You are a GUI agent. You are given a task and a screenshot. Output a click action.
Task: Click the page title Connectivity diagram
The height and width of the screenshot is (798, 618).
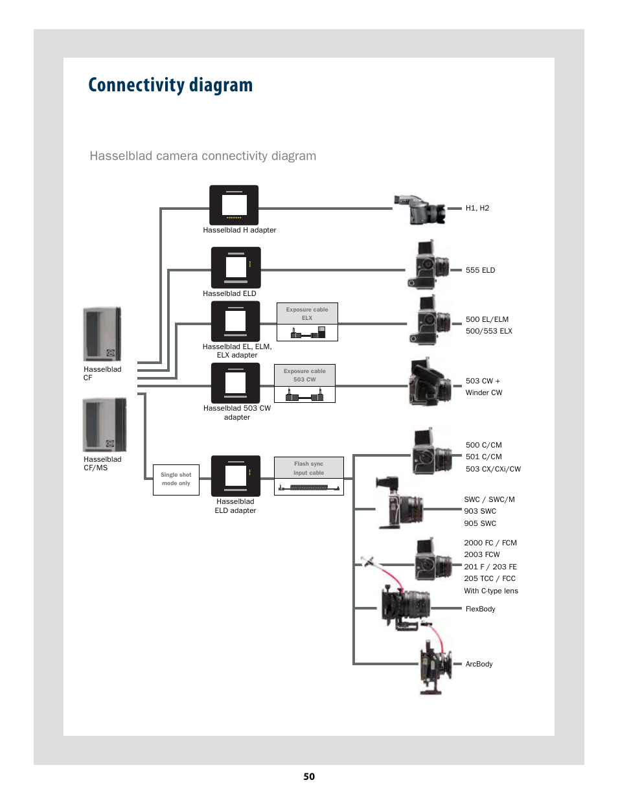click(x=170, y=85)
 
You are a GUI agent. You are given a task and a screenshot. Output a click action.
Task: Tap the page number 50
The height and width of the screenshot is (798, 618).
click(x=308, y=777)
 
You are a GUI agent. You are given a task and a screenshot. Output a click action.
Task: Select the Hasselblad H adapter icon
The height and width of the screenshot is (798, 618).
click(x=234, y=205)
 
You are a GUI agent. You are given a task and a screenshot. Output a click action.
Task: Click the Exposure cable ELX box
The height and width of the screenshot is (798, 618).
click(x=307, y=322)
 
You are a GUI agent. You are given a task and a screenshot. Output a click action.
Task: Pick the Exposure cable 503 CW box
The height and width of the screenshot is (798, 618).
click(x=304, y=383)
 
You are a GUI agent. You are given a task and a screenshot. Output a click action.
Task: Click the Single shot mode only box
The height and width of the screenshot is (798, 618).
click(x=176, y=479)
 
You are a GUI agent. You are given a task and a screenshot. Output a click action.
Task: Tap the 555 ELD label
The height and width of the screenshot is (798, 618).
click(x=480, y=270)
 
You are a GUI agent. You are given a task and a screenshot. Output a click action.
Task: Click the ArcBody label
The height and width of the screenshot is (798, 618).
click(x=479, y=664)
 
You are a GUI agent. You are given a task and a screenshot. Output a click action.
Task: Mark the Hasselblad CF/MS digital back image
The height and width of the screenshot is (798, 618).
click(x=104, y=425)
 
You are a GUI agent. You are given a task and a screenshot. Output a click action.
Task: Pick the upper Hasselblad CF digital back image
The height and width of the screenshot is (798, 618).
click(x=102, y=334)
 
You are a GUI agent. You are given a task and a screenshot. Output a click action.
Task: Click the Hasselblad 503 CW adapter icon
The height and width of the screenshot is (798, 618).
click(x=235, y=382)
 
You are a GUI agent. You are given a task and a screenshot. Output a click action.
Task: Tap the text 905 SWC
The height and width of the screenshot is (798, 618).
click(x=480, y=523)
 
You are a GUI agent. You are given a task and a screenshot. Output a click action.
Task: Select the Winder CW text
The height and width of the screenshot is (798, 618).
click(x=484, y=393)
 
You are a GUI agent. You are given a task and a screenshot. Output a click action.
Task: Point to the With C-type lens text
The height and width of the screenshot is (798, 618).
click(x=491, y=591)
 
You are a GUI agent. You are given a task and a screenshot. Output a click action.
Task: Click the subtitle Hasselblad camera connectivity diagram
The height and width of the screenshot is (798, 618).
click(x=203, y=155)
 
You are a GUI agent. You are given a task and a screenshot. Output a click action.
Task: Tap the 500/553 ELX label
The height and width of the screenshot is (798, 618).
click(x=488, y=331)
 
